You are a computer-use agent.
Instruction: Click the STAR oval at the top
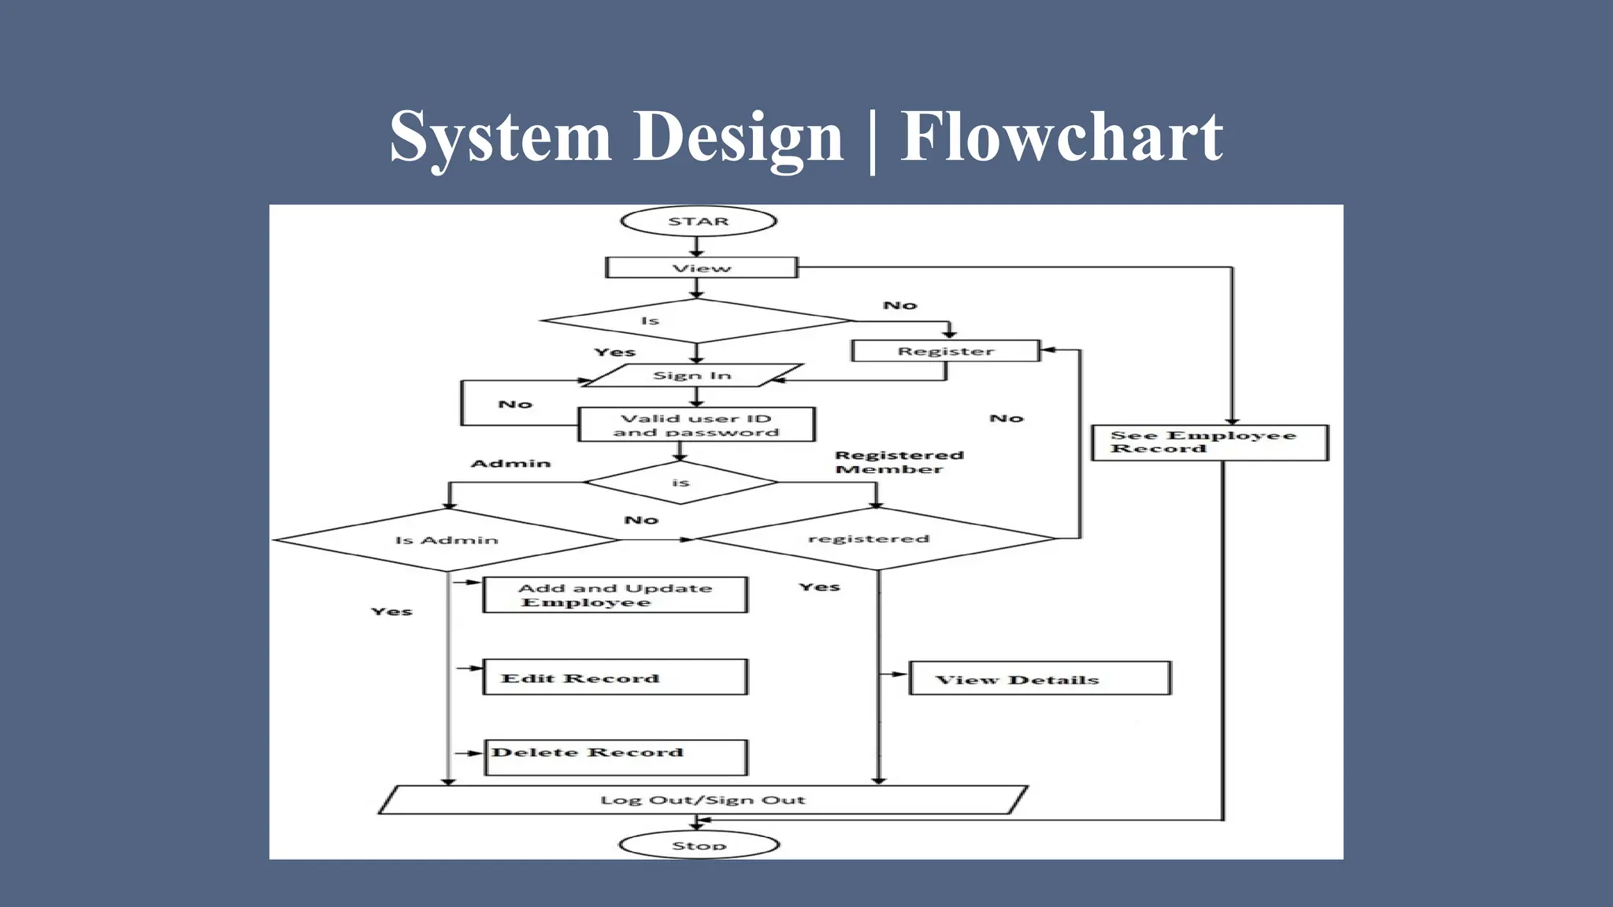pyautogui.click(x=699, y=221)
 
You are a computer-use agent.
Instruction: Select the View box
pyautogui.click(x=701, y=268)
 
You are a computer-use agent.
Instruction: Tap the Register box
pyautogui.click(x=946, y=351)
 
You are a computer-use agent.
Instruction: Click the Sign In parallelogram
pyautogui.click(x=692, y=376)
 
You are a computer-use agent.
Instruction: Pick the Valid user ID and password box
pyautogui.click(x=696, y=425)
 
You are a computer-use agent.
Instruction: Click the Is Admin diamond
pyautogui.click(x=447, y=540)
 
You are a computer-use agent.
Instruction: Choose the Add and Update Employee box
pyautogui.click(x=615, y=595)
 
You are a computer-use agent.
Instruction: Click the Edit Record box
pyautogui.click(x=615, y=678)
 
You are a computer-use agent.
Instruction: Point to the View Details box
pyautogui.click(x=1040, y=679)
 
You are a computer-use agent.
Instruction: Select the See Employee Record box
pyautogui.click(x=1209, y=442)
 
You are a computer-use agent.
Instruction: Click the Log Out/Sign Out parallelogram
pyautogui.click(x=703, y=800)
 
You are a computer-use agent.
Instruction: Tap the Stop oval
pyautogui.click(x=699, y=846)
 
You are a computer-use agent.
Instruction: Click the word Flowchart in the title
pyautogui.click(x=1061, y=137)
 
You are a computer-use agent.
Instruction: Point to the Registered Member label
pyautogui.click(x=899, y=462)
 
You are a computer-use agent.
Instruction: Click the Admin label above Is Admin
pyautogui.click(x=510, y=464)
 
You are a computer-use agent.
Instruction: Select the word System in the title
pyautogui.click(x=500, y=137)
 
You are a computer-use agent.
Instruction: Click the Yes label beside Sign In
pyautogui.click(x=614, y=353)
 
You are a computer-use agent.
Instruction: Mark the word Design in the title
pyautogui.click(x=738, y=137)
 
